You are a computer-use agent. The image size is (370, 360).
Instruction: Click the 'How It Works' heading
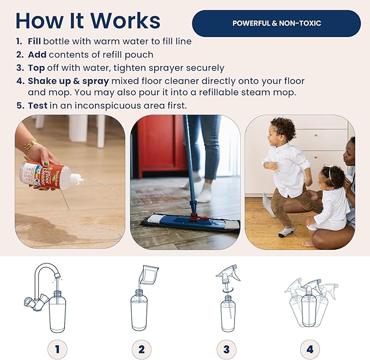coord(88,21)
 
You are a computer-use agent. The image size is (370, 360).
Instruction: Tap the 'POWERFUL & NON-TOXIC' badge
coord(276,23)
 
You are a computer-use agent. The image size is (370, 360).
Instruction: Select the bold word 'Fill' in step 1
coord(34,41)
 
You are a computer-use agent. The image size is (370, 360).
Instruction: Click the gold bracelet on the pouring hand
coord(30,146)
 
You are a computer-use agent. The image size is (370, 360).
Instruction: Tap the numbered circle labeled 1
coord(57,349)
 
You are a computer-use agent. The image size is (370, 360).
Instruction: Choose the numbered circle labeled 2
coord(142,349)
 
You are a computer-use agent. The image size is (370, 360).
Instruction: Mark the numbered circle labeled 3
coord(226,349)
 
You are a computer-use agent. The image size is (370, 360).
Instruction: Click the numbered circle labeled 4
coord(310,349)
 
